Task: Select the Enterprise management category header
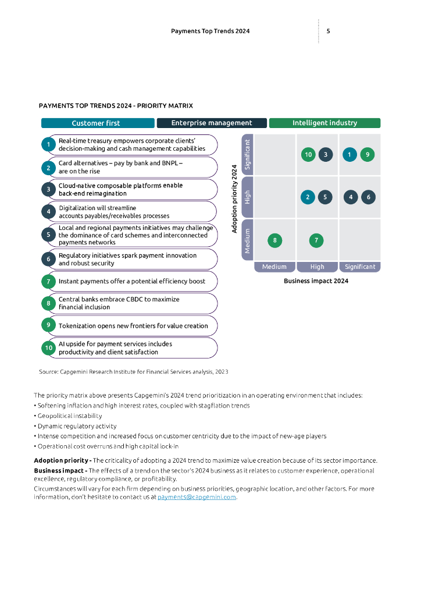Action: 212,123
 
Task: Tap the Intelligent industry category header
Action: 324,123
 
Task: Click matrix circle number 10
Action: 308,155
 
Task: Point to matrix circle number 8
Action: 274,240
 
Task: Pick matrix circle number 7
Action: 316,240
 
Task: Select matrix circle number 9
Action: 367,155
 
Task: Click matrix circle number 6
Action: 368,197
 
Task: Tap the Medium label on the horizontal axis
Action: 274,267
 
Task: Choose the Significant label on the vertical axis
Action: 248,155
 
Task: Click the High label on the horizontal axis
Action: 317,267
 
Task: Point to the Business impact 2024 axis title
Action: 316,281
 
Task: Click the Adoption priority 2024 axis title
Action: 234,198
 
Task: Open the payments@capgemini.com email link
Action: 197,497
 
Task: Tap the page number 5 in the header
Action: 329,31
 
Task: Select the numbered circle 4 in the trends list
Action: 49,212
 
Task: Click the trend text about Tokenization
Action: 133,326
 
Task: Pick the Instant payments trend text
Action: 132,282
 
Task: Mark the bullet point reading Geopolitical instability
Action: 70,416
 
